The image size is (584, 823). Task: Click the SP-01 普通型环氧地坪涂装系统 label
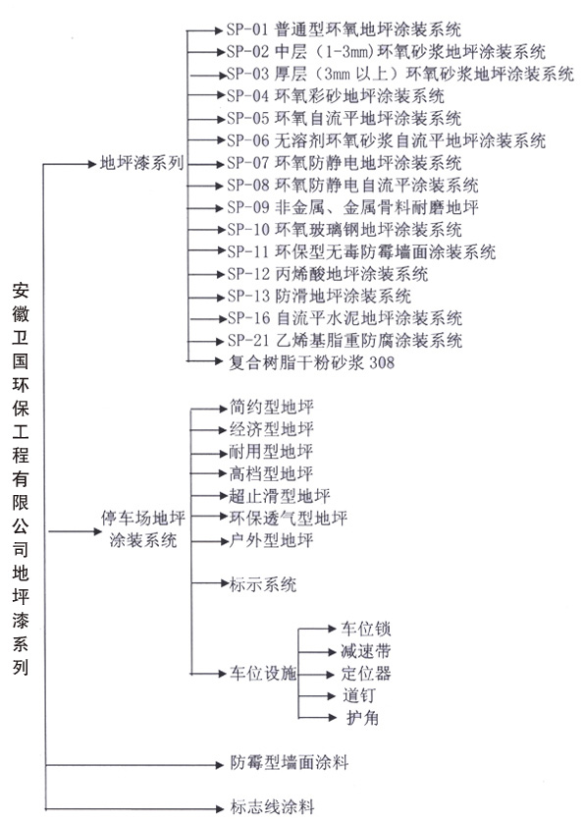pyautogui.click(x=344, y=29)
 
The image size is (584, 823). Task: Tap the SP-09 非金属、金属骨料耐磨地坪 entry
pyautogui.click(x=352, y=207)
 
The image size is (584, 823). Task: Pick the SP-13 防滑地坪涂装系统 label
pyautogui.click(x=319, y=296)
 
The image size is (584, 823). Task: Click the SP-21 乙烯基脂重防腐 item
pyautogui.click(x=345, y=341)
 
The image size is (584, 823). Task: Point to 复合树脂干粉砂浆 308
pyautogui.click(x=312, y=362)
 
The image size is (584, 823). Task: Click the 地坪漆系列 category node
pyautogui.click(x=141, y=163)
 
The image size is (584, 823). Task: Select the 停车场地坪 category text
pyautogui.click(x=142, y=519)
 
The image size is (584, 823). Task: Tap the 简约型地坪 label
pyautogui.click(x=271, y=407)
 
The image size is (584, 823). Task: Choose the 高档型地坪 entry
pyautogui.click(x=271, y=473)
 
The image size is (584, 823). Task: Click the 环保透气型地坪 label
pyautogui.click(x=288, y=518)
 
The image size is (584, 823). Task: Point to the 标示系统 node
pyautogui.click(x=263, y=584)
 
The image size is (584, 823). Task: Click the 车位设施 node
pyautogui.click(x=263, y=673)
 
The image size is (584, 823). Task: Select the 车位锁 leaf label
pyautogui.click(x=366, y=629)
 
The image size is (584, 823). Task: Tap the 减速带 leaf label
pyautogui.click(x=366, y=651)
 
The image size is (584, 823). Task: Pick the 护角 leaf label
pyautogui.click(x=362, y=718)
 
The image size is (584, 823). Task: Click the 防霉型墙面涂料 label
pyautogui.click(x=290, y=762)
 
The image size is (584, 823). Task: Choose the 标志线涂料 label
pyautogui.click(x=272, y=806)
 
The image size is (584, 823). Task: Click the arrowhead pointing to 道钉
pyautogui.click(x=331, y=696)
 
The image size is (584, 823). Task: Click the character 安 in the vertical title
pyautogui.click(x=21, y=291)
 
